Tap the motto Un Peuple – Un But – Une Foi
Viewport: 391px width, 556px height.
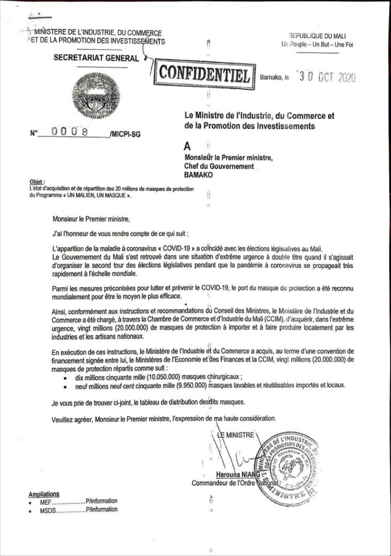tap(317, 45)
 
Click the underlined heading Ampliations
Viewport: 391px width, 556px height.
tap(44, 494)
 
